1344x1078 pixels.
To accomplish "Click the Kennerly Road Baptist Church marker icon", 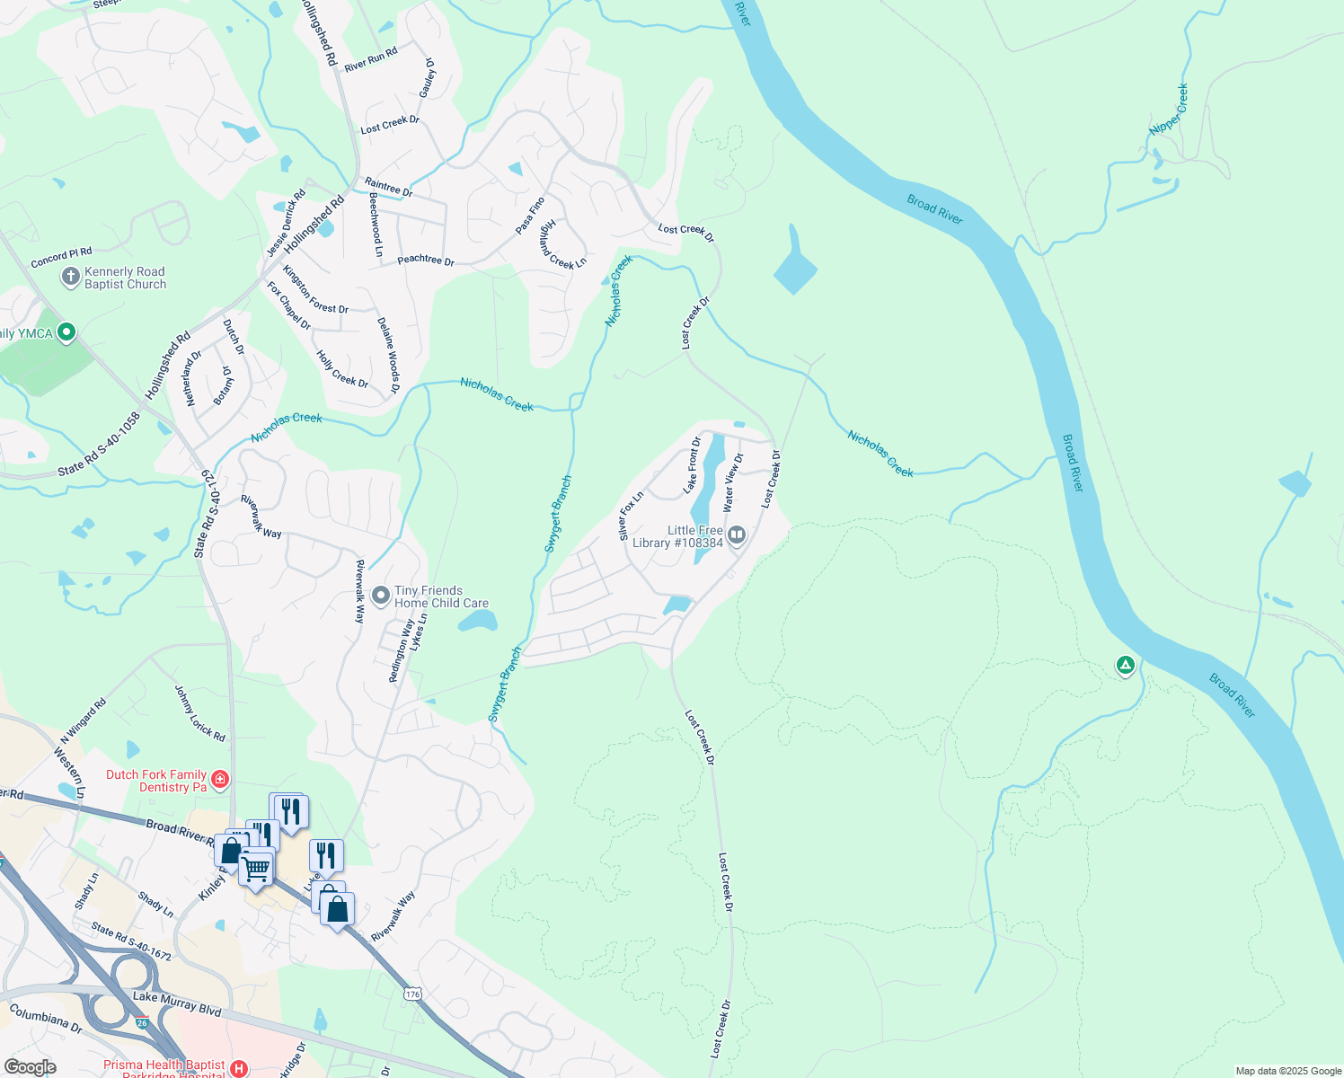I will coord(70,278).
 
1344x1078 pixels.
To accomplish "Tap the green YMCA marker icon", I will coord(66,333).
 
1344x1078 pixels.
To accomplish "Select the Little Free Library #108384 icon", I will coord(737,536).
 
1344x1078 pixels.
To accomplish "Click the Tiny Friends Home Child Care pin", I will coord(381,596).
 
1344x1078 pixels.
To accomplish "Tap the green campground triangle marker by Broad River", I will coord(1125,666).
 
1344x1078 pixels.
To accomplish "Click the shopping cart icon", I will coord(256,868).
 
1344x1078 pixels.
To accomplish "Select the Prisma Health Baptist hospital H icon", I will coord(239,1068).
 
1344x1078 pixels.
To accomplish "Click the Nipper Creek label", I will coord(1169,110).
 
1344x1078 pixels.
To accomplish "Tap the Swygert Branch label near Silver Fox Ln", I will coord(557,515).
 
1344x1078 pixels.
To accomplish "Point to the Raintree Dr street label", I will coord(388,187).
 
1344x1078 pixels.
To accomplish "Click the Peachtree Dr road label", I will coord(426,261).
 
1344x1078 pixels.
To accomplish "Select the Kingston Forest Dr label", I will coord(315,289).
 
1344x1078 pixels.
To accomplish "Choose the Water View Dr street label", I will coord(733,482).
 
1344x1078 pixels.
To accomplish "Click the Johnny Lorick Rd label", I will coord(199,712).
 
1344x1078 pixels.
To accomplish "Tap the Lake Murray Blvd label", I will coord(177,1003).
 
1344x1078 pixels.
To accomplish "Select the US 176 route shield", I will coord(412,994).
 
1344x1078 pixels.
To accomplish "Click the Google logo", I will coord(30,1066).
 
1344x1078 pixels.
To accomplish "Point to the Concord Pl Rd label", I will coord(61,258).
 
